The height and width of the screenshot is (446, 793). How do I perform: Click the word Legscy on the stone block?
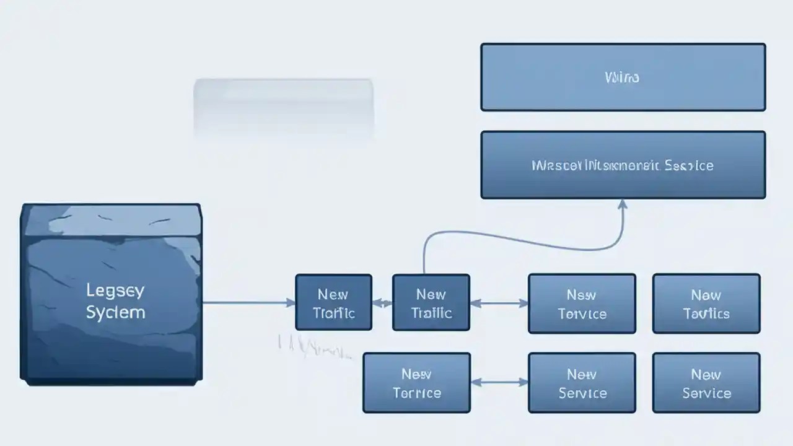[x=115, y=290]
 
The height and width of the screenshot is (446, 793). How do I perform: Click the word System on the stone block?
[x=115, y=312]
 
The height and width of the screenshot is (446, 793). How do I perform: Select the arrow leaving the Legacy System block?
[x=248, y=303]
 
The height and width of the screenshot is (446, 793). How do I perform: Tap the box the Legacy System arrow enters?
[x=333, y=303]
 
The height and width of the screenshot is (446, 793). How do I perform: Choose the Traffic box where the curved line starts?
[x=431, y=303]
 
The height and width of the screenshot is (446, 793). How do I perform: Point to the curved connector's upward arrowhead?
[x=623, y=204]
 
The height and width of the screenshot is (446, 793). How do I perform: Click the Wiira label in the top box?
[x=621, y=77]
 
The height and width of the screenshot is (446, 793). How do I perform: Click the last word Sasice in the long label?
[x=688, y=165]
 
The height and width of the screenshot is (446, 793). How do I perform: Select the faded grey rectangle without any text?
[x=283, y=105]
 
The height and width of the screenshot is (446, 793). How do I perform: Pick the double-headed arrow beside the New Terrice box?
[x=499, y=382]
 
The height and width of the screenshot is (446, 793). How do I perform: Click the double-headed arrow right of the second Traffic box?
[x=499, y=303]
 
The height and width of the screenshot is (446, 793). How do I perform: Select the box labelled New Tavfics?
[x=706, y=303]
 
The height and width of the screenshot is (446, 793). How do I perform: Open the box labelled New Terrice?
[x=416, y=382]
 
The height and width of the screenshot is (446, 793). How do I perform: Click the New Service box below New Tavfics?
[x=706, y=382]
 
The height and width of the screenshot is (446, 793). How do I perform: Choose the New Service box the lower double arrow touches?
[x=581, y=382]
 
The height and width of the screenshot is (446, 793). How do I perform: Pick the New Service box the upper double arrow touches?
[x=581, y=303]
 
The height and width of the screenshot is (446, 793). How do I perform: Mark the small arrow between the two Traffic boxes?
[x=382, y=304]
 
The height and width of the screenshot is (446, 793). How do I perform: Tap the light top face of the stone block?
[x=112, y=220]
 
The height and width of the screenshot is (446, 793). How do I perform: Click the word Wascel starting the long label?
[x=554, y=165]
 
